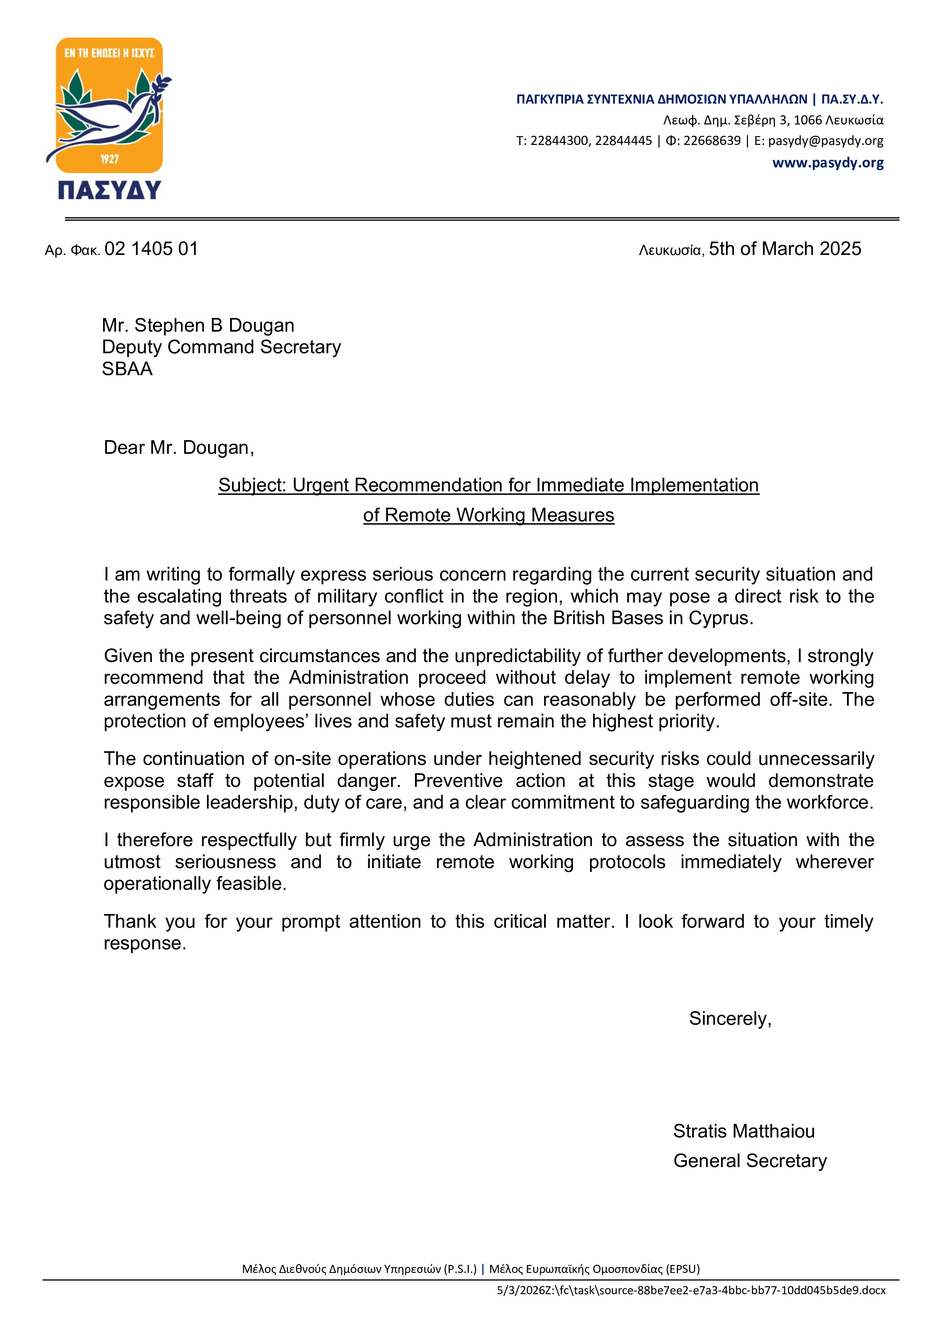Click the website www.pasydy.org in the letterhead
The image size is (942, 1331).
pyautogui.click(x=828, y=163)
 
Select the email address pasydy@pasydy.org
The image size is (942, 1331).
pyautogui.click(x=825, y=141)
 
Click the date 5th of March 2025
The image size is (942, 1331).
pyautogui.click(x=785, y=249)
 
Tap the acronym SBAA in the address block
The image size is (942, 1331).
pyautogui.click(x=127, y=369)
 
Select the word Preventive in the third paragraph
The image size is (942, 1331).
pyautogui.click(x=458, y=781)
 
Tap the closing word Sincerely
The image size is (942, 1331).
pyautogui.click(x=730, y=1018)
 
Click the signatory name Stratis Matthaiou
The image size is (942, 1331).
pyautogui.click(x=744, y=1131)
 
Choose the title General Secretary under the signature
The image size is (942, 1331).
pyautogui.click(x=750, y=1161)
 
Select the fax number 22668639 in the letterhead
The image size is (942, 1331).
pyautogui.click(x=712, y=141)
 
